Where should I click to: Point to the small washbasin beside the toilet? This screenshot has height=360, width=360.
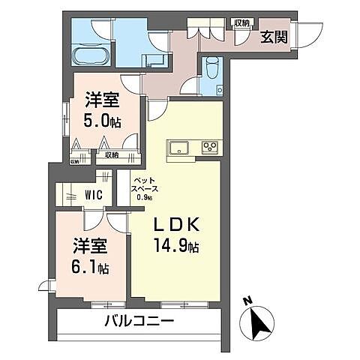(220, 89)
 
